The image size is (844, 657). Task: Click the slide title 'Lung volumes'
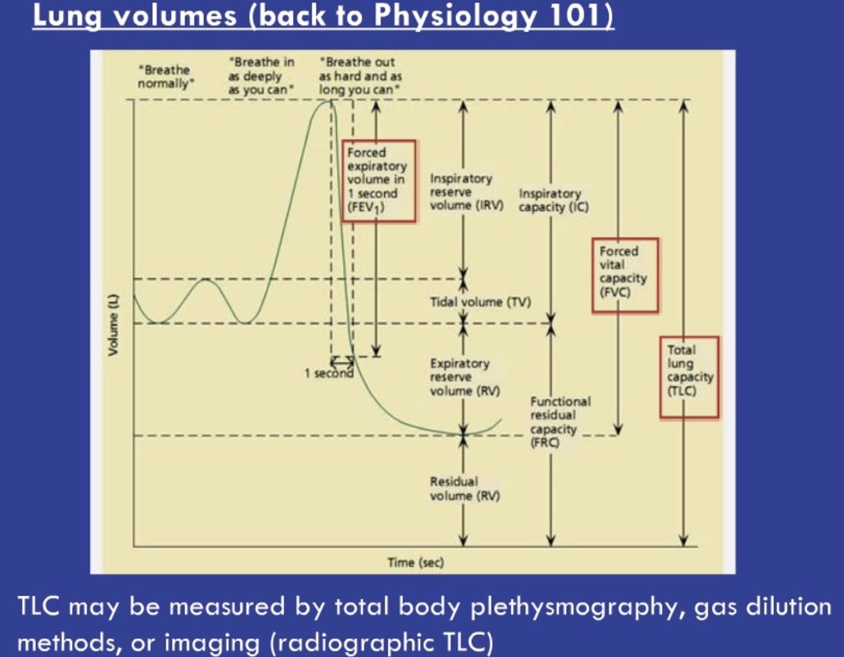pos(135,16)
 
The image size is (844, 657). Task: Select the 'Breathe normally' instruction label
pos(164,76)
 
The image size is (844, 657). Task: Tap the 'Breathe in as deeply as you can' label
pos(261,76)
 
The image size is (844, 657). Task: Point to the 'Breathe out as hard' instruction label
pos(360,76)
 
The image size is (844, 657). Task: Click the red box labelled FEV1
pos(379,181)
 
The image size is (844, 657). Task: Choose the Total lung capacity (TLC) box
pos(689,377)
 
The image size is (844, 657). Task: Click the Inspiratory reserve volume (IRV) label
pos(466,192)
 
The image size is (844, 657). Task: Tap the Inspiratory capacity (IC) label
pos(553,200)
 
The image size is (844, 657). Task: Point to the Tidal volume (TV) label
pos(480,302)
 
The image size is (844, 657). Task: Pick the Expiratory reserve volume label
pos(464,377)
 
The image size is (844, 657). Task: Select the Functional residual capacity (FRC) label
pos(560,421)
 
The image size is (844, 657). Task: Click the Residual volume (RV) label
pos(464,489)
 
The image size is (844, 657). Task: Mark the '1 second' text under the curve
pos(329,373)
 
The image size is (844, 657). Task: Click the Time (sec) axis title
pos(415,562)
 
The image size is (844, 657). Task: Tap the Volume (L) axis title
pos(113,324)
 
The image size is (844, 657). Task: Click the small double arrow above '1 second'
pos(342,361)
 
